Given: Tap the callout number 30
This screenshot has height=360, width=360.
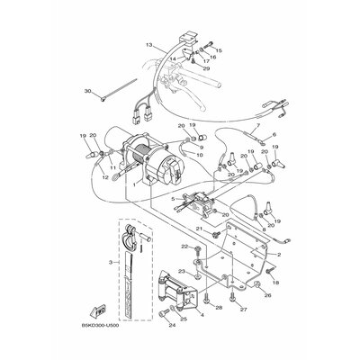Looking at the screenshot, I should point(87,91).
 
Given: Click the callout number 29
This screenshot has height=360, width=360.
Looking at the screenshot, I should point(207,68).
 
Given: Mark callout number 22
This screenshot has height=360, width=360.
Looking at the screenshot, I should point(183,245).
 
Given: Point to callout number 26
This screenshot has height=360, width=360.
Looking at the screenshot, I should point(267,292).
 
